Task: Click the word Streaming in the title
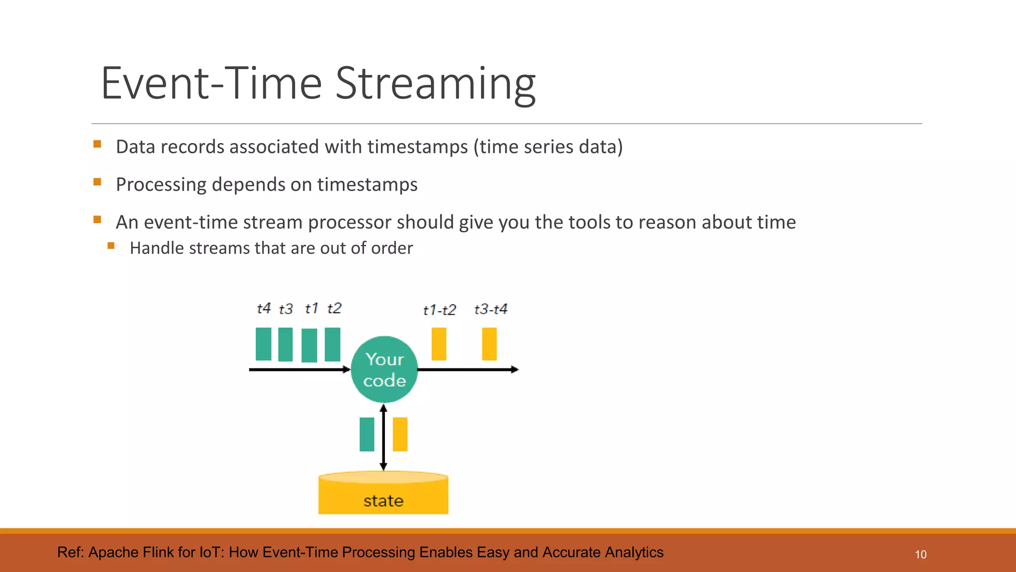(x=435, y=83)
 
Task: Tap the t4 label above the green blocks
(x=263, y=308)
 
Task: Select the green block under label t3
(x=285, y=344)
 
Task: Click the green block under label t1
(x=309, y=345)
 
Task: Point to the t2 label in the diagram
(x=334, y=308)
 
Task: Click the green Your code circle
(x=384, y=369)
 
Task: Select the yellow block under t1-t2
(x=439, y=344)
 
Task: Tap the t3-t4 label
(x=490, y=309)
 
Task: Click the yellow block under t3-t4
(x=489, y=344)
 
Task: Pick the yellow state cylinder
(x=383, y=494)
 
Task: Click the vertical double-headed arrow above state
(x=383, y=437)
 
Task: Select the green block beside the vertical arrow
(x=367, y=434)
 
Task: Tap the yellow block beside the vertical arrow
(x=400, y=434)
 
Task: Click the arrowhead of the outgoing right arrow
(x=514, y=369)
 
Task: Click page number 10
(x=920, y=555)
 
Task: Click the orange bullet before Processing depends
(x=97, y=182)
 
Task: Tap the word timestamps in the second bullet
(x=367, y=185)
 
